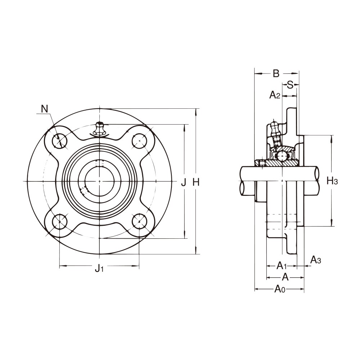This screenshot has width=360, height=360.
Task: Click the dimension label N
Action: [x=44, y=109]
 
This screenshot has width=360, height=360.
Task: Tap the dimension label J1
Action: [x=99, y=267]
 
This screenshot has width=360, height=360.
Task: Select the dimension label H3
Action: [x=332, y=181]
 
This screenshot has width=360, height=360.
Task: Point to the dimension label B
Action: [x=276, y=73]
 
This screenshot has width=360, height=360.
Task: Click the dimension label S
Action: [x=290, y=85]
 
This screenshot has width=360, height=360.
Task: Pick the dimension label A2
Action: [x=275, y=95]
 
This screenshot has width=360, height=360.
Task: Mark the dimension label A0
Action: [x=280, y=289]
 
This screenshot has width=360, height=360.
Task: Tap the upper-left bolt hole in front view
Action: [x=59, y=141]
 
